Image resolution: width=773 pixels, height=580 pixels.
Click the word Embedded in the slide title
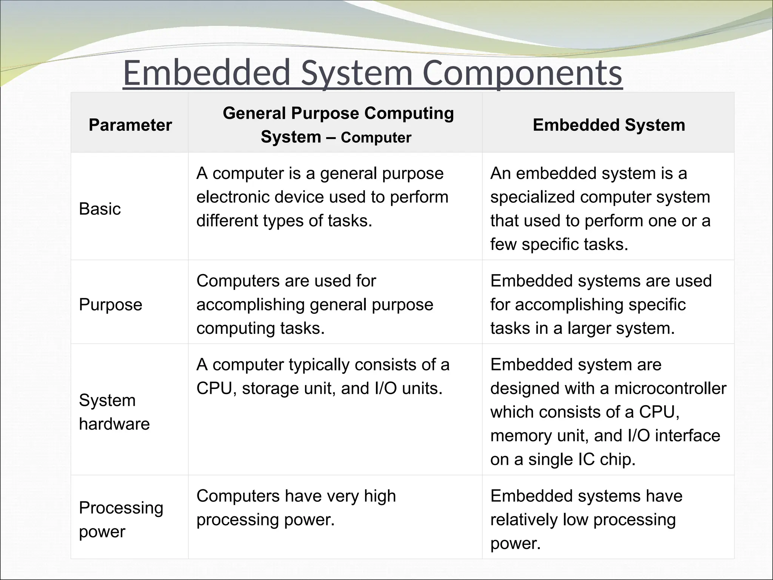pos(207,73)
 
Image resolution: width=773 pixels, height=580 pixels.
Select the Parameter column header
pos(130,125)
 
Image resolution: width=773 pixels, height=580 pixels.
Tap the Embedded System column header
pos(608,125)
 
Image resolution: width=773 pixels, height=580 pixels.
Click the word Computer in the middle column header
pos(376,138)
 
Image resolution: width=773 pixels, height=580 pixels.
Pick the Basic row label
pos(100,209)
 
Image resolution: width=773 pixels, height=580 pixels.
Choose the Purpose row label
pos(111,304)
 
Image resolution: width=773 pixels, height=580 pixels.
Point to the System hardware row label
pos(114,412)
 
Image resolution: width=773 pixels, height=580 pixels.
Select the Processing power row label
pos(121,519)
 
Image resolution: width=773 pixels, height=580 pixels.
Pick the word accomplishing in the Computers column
pos(250,305)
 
